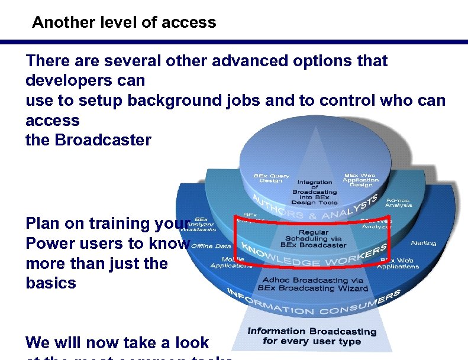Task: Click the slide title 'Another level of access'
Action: point(124,23)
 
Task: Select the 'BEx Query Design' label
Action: point(272,178)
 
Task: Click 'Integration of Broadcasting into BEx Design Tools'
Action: point(315,192)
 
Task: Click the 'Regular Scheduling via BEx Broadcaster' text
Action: point(313,239)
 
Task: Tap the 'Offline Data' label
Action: point(211,246)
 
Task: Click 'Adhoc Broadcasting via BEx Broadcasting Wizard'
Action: point(313,284)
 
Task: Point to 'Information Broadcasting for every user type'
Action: point(312,336)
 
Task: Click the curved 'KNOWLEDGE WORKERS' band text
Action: point(314,256)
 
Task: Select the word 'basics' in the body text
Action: point(51,283)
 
